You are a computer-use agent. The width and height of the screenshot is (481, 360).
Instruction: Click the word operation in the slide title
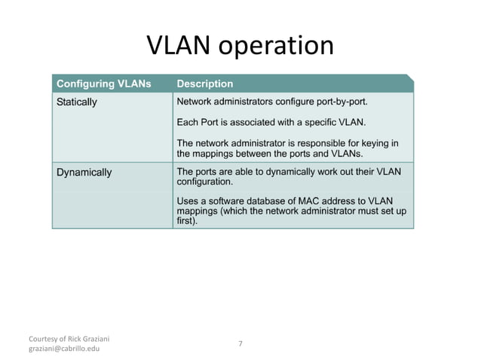[276, 47]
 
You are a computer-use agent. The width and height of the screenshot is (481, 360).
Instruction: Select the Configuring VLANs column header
[105, 84]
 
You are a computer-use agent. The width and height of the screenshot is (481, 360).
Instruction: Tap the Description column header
[204, 84]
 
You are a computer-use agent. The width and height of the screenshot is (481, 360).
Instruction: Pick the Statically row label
[77, 102]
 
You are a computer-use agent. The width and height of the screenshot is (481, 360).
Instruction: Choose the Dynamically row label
[84, 172]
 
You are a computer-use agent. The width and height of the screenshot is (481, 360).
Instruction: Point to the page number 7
[240, 343]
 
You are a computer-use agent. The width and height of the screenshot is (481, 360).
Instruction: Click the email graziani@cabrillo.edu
[64, 349]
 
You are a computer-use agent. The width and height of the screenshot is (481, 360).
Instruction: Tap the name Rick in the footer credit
[73, 337]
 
